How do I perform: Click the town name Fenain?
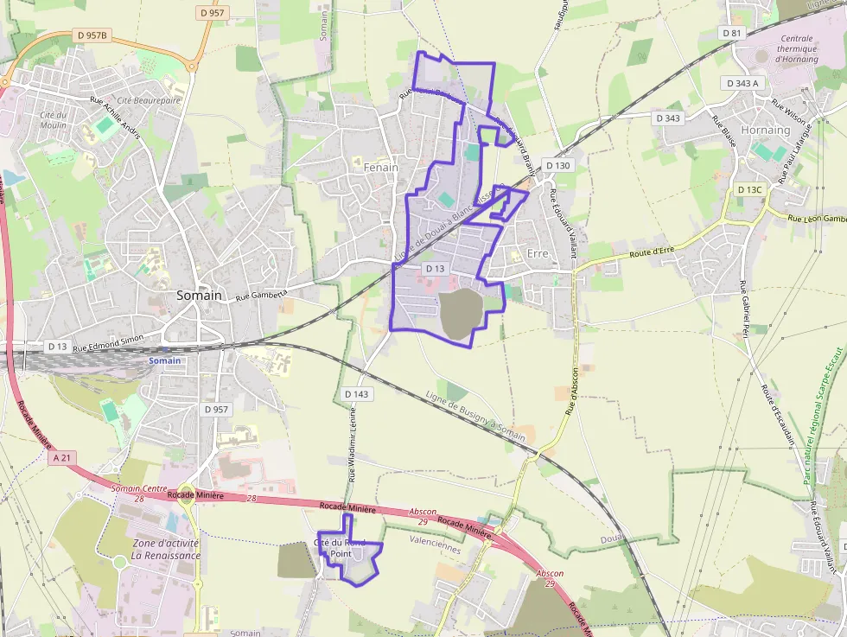tap(381, 167)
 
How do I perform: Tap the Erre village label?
tap(538, 253)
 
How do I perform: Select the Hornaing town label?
tap(766, 130)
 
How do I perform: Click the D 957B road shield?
tap(92, 35)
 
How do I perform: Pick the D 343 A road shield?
tap(742, 83)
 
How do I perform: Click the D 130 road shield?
tap(558, 164)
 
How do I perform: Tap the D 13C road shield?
tap(749, 189)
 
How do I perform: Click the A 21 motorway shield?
tap(60, 458)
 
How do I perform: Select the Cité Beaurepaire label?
tap(149, 100)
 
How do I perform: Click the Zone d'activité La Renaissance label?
tap(165, 549)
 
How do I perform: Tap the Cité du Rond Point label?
tap(340, 548)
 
